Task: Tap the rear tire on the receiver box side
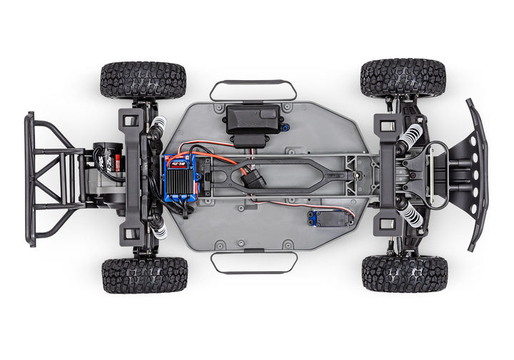pyautogui.click(x=143, y=80)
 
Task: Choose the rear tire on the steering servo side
pyautogui.click(x=144, y=275)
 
